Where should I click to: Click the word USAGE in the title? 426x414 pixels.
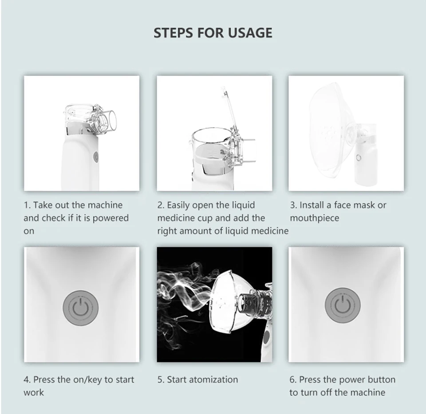click(250, 33)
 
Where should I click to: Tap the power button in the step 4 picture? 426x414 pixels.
click(81, 308)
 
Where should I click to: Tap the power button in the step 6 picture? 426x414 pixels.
click(343, 305)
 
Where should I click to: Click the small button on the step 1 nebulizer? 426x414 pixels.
click(96, 156)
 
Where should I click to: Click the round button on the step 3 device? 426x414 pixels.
click(359, 158)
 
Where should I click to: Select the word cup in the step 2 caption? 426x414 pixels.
click(206, 219)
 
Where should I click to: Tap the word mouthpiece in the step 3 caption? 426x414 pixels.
click(315, 219)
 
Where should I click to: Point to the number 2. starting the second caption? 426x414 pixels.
click(161, 205)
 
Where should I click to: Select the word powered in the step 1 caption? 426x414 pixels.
click(111, 219)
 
